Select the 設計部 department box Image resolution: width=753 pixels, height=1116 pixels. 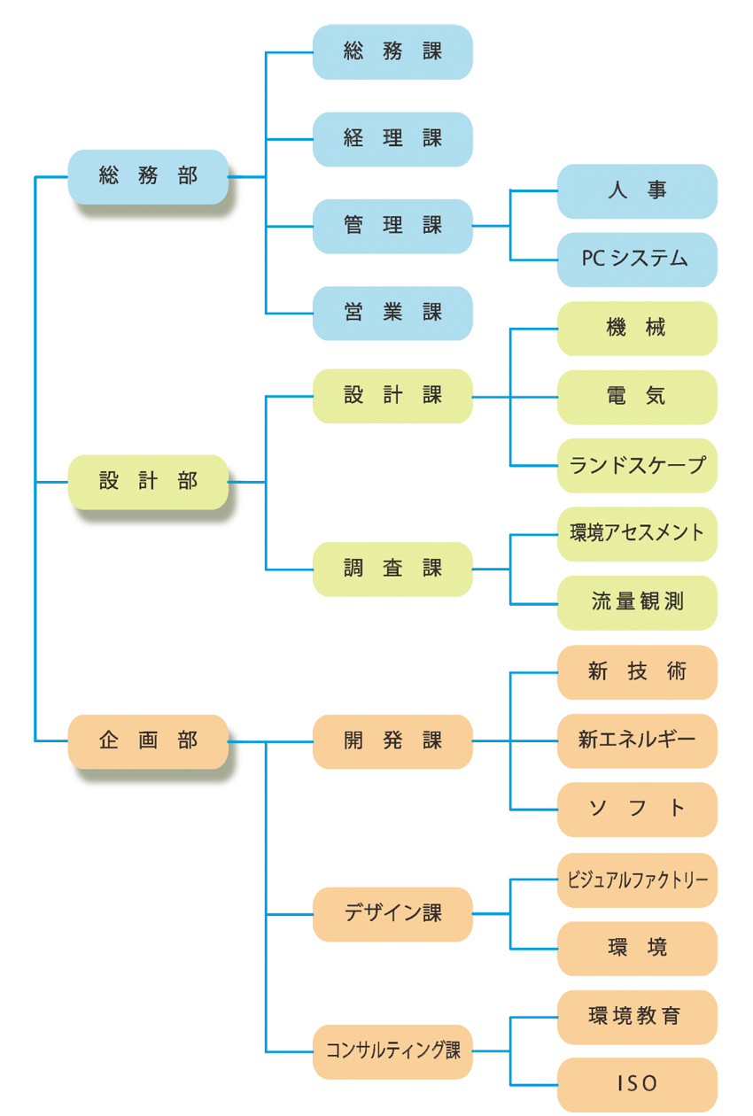(148, 482)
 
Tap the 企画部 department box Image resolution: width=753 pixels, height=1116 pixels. (148, 740)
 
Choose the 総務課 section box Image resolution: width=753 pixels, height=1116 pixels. (392, 52)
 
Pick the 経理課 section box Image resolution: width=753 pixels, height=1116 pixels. (392, 139)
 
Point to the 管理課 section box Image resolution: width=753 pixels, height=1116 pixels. (392, 226)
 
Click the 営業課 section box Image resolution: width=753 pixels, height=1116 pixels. (392, 313)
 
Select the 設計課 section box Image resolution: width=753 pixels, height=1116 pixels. (392, 396)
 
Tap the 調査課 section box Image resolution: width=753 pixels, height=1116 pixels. (392, 569)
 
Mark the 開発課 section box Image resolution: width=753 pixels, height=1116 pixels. (392, 740)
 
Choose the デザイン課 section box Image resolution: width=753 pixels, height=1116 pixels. (392, 913)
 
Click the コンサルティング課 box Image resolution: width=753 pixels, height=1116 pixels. (392, 1051)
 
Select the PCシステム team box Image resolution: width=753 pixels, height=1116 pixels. (637, 260)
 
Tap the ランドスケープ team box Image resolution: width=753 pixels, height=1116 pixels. (637, 465)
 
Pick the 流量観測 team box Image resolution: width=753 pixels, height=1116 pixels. (637, 602)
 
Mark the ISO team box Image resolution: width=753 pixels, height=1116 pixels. (637, 1084)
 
